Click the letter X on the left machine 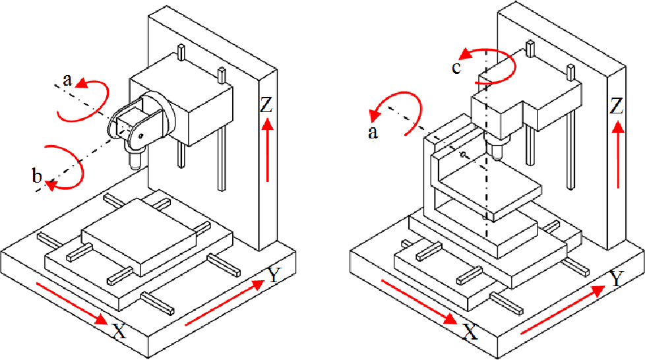point(119,330)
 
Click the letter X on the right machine point(469,331)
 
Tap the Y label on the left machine point(274,276)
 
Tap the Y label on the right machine point(616,279)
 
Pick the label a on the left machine point(67,80)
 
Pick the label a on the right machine point(373,133)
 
